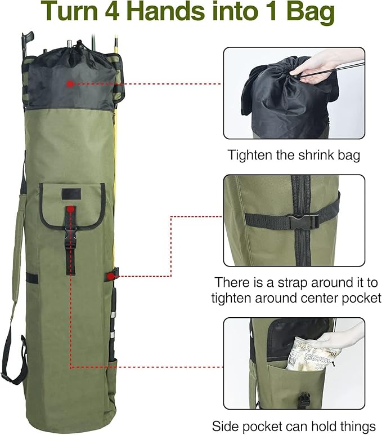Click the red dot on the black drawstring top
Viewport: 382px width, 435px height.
coord(70,83)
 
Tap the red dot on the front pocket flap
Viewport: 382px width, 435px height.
coord(70,209)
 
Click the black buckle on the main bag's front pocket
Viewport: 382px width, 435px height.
coord(70,242)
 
